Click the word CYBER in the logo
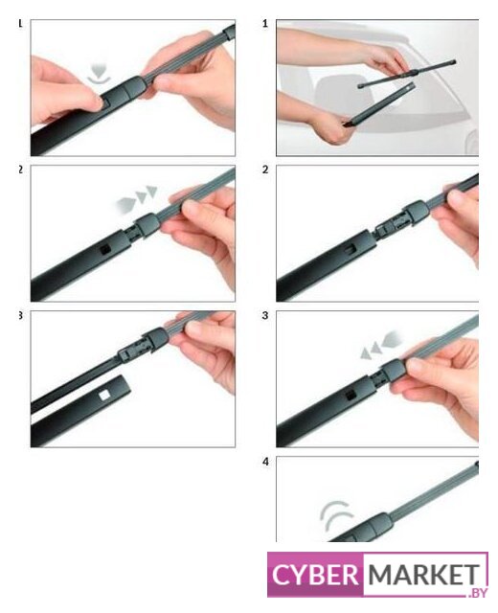(x=315, y=575)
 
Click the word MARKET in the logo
(x=423, y=574)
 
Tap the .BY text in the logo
(x=478, y=593)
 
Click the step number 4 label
(x=266, y=462)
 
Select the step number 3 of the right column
(x=265, y=315)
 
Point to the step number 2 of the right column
(x=265, y=170)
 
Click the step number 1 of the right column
(x=265, y=24)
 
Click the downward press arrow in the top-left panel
(x=99, y=73)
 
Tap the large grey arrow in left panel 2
(x=124, y=205)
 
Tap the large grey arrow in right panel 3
(x=393, y=338)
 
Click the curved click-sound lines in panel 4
(x=335, y=514)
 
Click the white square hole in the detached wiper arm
(x=104, y=396)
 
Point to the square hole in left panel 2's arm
(x=105, y=249)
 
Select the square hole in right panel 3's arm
(x=351, y=396)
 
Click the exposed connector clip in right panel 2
(x=391, y=228)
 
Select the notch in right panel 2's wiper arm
(x=351, y=249)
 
